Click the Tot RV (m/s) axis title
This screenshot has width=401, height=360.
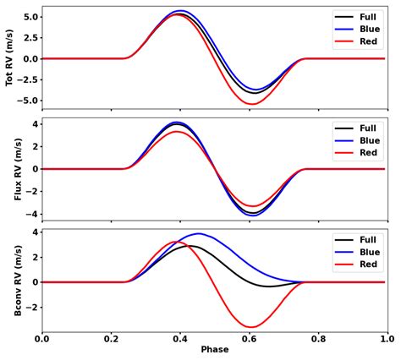click(11, 57)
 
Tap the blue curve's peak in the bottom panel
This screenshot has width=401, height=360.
click(200, 233)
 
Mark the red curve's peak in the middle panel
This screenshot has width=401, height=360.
click(176, 132)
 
